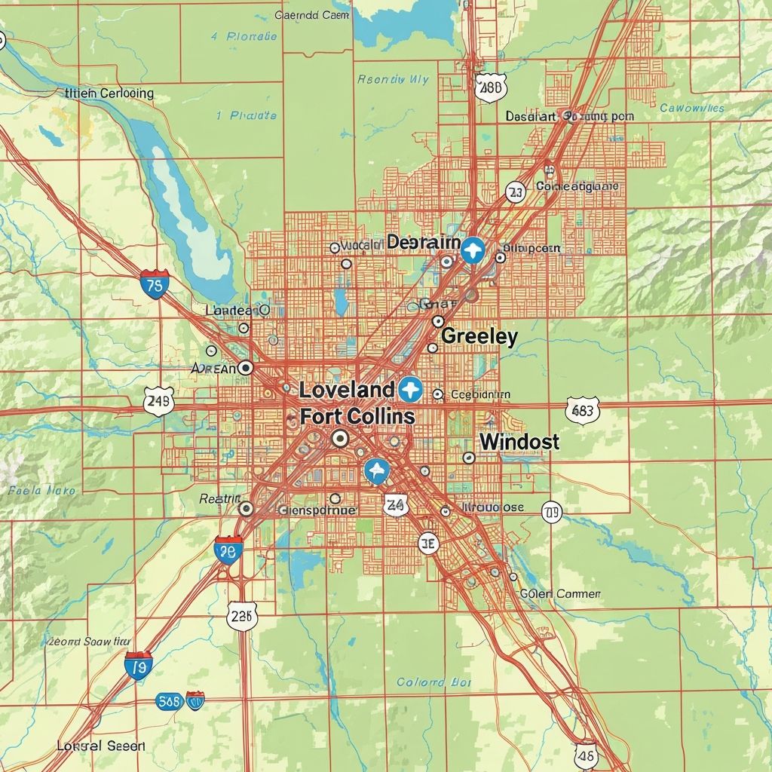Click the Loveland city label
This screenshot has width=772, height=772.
click(x=346, y=390)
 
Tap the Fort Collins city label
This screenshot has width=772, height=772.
click(x=357, y=416)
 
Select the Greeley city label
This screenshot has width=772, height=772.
click(x=479, y=336)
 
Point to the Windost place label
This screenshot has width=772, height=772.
click(x=519, y=442)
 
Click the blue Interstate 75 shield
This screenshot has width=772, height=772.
click(x=155, y=285)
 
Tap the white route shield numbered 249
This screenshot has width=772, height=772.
click(x=158, y=401)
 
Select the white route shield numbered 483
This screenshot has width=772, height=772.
click(x=582, y=410)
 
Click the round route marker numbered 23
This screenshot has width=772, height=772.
click(x=515, y=192)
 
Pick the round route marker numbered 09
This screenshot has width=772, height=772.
click(x=552, y=513)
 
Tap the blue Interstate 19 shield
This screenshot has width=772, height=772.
click(x=139, y=666)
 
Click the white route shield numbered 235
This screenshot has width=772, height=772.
click(x=242, y=616)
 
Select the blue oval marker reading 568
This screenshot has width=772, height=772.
click(x=170, y=701)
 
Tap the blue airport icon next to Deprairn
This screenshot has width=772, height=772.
click(x=473, y=248)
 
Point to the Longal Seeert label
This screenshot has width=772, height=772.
click(x=90, y=746)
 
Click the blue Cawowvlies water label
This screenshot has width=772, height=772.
click(x=691, y=108)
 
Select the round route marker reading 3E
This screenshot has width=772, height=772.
click(x=428, y=542)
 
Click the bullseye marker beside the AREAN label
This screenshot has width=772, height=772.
click(x=246, y=367)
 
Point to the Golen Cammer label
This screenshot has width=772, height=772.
click(x=560, y=594)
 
